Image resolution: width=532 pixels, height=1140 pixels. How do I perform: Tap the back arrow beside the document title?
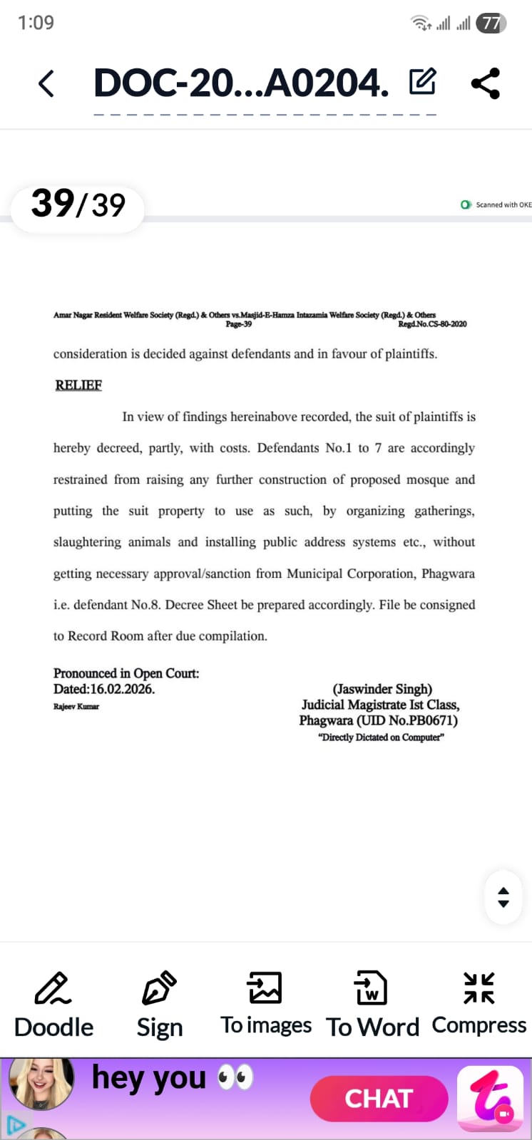(46, 84)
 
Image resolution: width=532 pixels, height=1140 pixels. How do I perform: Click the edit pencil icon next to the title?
(422, 82)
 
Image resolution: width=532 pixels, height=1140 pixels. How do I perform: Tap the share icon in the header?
(486, 83)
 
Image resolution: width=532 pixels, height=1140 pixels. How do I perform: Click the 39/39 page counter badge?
(78, 204)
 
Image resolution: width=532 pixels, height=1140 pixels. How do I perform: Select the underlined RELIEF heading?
(78, 385)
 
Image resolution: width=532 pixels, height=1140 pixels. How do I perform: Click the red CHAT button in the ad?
(379, 1099)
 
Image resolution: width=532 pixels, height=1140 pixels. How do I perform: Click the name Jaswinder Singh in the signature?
(382, 689)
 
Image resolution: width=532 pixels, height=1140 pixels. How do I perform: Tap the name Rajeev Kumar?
(76, 707)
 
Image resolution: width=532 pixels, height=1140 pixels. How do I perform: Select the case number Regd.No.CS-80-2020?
(432, 324)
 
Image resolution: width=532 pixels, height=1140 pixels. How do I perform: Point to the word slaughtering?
(87, 542)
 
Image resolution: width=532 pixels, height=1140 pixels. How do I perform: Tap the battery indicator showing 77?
(491, 24)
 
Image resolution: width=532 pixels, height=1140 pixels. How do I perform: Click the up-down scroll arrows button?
(503, 897)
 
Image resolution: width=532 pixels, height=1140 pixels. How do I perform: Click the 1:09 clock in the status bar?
(36, 23)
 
